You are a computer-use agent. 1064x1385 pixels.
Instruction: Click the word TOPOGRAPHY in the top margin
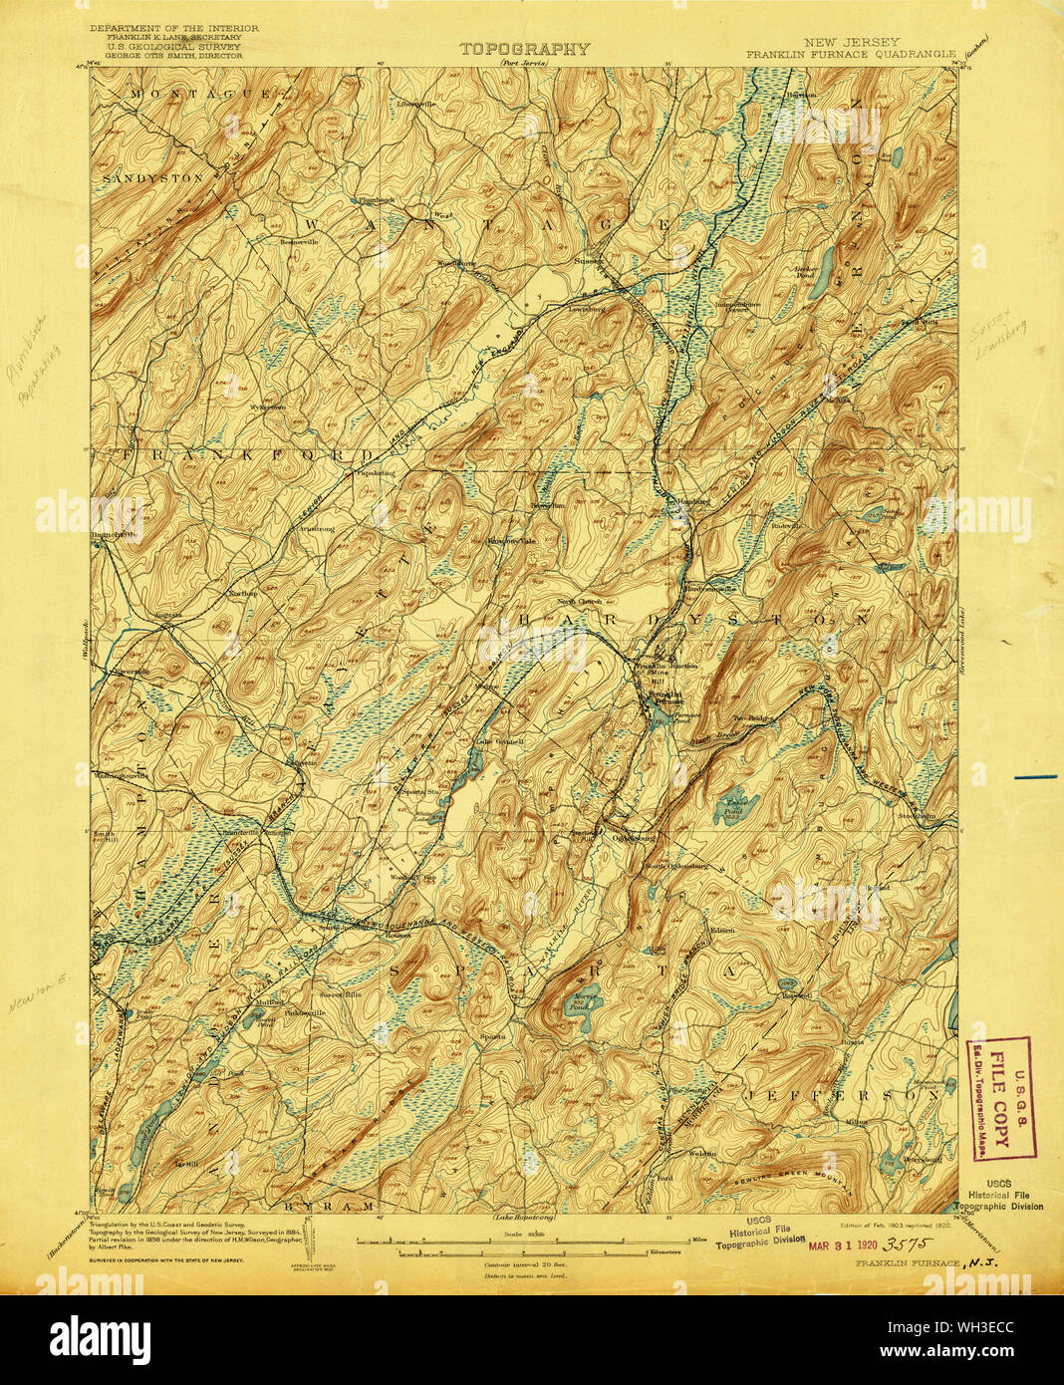coord(524,48)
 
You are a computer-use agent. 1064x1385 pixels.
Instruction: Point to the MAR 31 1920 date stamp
coord(842,1245)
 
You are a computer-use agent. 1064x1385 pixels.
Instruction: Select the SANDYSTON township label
coord(152,176)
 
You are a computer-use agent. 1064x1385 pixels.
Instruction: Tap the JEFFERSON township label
coord(843,1093)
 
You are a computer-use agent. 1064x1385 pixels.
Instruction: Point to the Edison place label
coord(722,931)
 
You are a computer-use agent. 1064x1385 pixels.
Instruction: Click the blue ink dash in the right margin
coord(1035,775)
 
